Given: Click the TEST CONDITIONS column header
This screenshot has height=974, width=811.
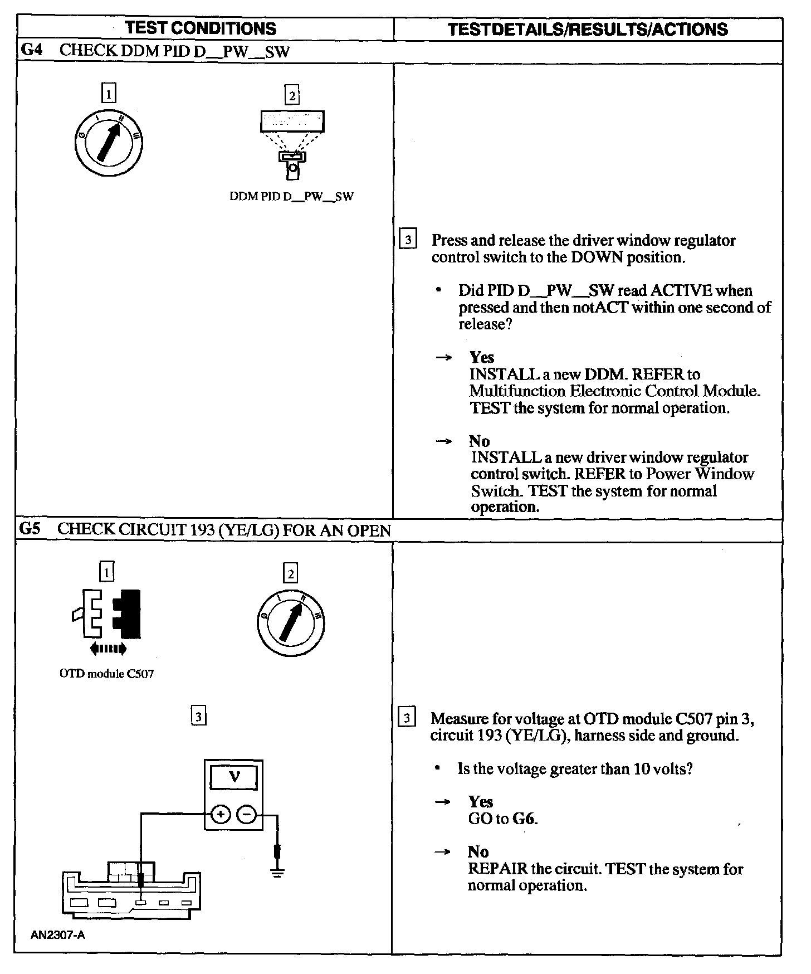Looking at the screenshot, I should tap(201, 28).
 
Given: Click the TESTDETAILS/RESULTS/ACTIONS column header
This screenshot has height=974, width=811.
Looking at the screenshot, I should tap(588, 30).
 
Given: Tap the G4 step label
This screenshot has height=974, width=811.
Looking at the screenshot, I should tap(31, 50).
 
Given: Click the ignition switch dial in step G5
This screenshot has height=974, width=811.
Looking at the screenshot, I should tap(291, 621).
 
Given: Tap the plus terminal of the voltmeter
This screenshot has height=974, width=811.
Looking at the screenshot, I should tap(221, 815).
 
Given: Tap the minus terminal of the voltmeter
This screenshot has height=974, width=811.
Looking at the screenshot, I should tap(247, 815).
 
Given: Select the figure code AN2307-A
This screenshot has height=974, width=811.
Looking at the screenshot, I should tap(58, 935).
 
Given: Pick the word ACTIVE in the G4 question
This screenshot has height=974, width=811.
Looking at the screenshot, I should tap(681, 291).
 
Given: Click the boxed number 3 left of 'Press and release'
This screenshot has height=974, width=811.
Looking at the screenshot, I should tap(408, 240).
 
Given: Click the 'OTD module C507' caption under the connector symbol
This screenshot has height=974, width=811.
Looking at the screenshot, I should tap(106, 674).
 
